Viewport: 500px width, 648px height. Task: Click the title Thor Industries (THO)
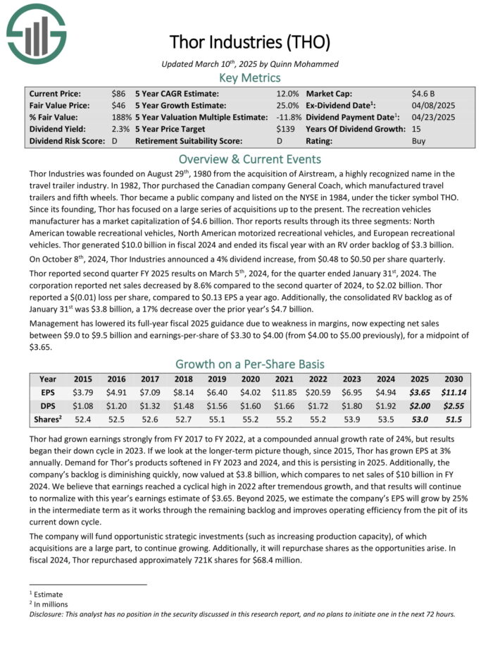click(x=249, y=42)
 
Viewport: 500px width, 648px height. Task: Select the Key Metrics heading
click(x=249, y=78)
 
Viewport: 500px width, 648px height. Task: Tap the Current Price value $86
click(x=118, y=93)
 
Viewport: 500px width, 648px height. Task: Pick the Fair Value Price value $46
click(x=118, y=105)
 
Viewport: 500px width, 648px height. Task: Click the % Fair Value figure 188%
click(x=121, y=117)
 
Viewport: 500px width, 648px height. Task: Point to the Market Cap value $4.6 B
click(x=424, y=93)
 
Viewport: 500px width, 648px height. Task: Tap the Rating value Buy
click(x=419, y=141)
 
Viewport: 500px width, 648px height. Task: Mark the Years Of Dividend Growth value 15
click(x=416, y=129)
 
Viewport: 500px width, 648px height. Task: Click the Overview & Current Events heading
click(x=249, y=159)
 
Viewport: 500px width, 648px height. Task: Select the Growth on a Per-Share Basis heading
click(x=249, y=364)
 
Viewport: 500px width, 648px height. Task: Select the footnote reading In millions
click(x=51, y=604)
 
